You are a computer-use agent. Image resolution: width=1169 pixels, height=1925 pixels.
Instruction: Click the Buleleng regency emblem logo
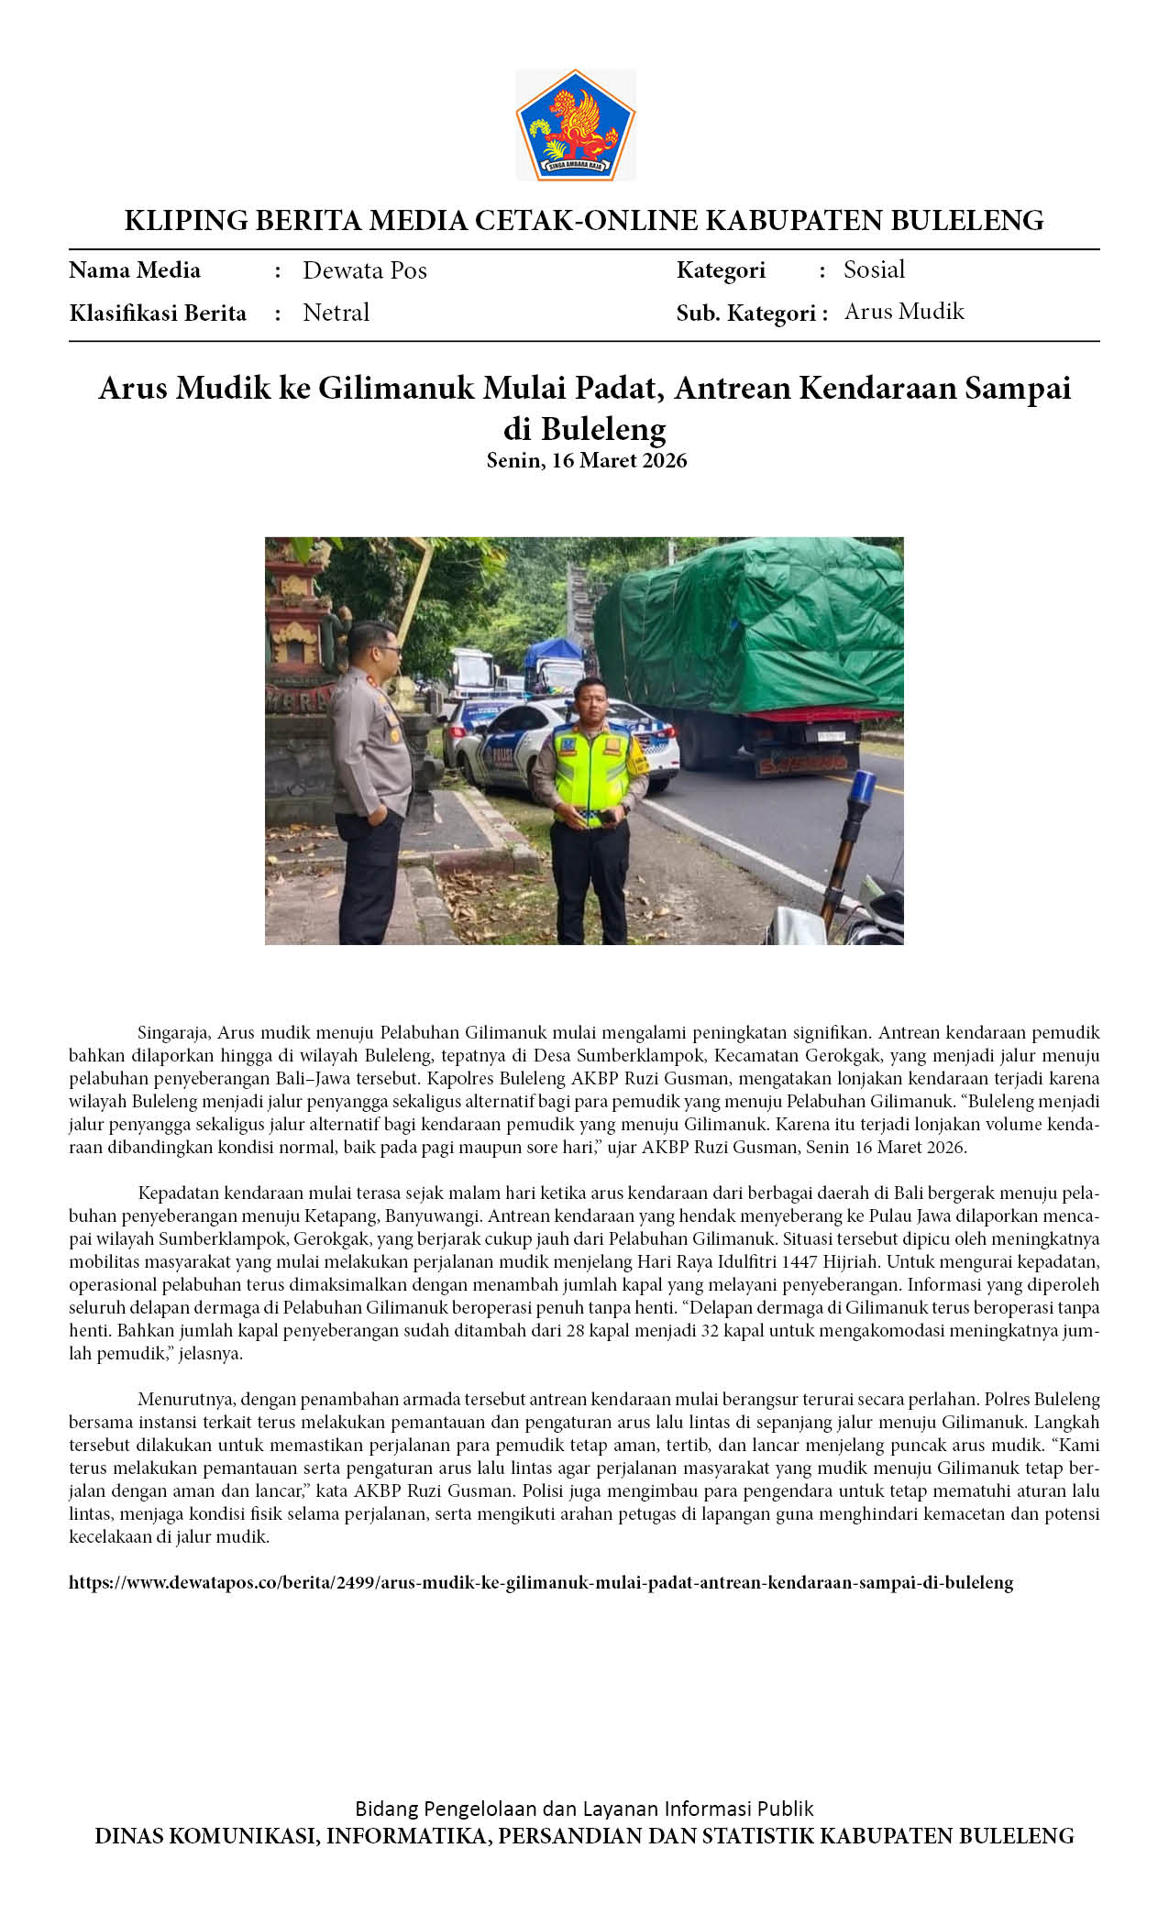click(x=575, y=125)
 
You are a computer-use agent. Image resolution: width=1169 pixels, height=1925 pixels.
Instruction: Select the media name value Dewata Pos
click(x=364, y=270)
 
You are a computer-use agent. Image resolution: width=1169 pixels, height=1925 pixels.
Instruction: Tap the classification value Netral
click(x=336, y=313)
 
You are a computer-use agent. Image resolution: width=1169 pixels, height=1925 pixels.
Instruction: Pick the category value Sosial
click(x=874, y=269)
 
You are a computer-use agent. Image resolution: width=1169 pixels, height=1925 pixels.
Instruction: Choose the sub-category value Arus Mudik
click(x=904, y=312)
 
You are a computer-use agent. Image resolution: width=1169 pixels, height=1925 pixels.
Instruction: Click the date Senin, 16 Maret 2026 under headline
click(x=586, y=460)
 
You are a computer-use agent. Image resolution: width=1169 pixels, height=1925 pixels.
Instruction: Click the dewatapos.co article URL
click(x=541, y=1583)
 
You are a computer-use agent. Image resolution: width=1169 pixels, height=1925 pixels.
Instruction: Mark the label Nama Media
click(x=135, y=270)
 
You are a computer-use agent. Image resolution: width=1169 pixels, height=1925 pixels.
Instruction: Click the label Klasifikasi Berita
click(x=158, y=313)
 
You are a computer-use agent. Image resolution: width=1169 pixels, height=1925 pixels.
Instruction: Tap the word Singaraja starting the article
click(x=175, y=1032)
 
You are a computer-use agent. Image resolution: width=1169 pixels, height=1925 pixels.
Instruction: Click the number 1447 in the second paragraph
click(x=800, y=1262)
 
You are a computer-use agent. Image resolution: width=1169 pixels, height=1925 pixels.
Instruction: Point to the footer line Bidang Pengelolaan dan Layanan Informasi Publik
click(x=584, y=1809)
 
